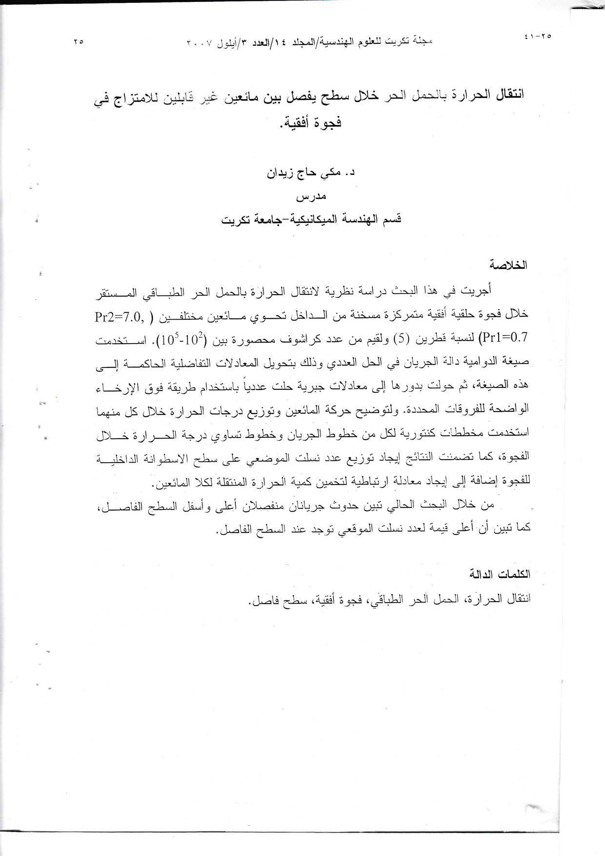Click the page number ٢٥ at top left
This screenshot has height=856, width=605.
[79, 42]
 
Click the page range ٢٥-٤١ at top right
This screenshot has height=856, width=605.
[537, 36]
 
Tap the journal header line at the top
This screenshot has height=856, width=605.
[309, 41]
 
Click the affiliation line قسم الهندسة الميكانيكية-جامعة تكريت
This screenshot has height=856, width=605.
[311, 219]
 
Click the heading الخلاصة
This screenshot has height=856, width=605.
[511, 266]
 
